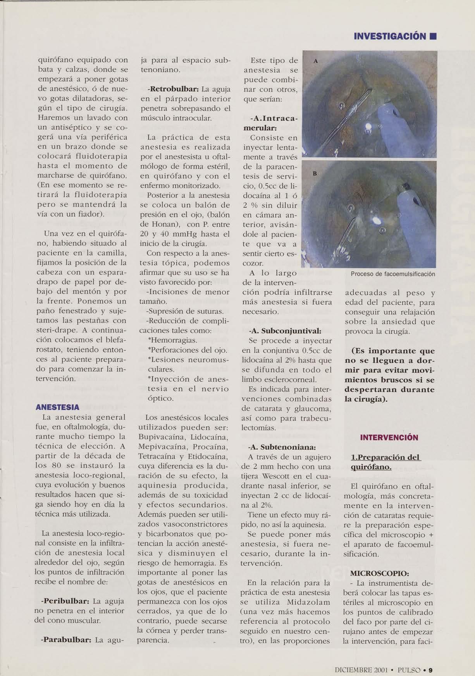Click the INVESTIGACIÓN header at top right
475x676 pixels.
[390, 37]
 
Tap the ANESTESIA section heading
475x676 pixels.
[57, 407]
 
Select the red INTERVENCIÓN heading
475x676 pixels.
[389, 438]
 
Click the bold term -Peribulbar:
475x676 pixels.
[65, 601]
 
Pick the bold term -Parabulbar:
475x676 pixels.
[65, 640]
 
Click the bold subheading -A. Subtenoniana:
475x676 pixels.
[284, 447]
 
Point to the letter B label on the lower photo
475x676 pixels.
[315, 174]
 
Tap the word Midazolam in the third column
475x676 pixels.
[309, 602]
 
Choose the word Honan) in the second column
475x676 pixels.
[155, 225]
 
